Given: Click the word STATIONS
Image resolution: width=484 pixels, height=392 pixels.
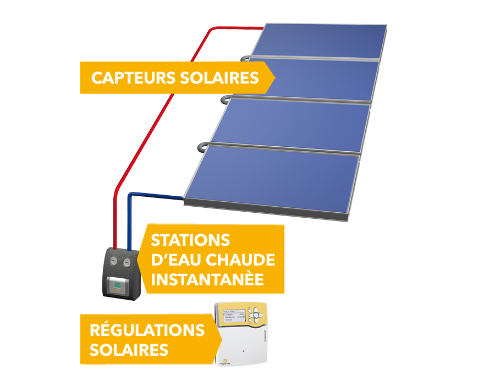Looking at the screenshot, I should click(190, 240).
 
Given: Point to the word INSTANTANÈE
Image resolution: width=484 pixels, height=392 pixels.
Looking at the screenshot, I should click(207, 279).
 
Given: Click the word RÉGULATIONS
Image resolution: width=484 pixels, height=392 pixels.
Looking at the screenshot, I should click(147, 330).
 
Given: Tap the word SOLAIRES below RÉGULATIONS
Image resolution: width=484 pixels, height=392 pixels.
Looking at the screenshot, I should click(129, 350).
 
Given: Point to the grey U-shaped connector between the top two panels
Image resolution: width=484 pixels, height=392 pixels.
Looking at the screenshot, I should click(244, 57).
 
